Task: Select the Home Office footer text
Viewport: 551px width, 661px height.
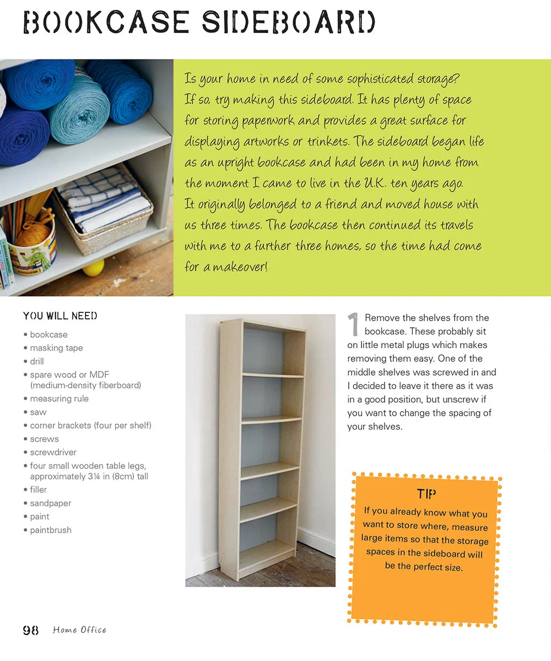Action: point(79,630)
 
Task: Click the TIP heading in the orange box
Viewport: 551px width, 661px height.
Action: point(426,493)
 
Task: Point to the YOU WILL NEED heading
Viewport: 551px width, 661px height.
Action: point(60,316)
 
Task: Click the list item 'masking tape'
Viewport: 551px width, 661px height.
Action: point(56,348)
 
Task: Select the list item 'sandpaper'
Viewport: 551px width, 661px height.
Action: point(50,503)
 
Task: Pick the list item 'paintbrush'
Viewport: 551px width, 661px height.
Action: point(51,530)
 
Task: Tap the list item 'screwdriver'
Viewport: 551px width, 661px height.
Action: point(53,452)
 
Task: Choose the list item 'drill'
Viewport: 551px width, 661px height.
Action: point(37,361)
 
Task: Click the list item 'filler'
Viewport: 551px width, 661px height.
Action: point(39,490)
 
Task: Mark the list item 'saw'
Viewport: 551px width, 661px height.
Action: point(38,412)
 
